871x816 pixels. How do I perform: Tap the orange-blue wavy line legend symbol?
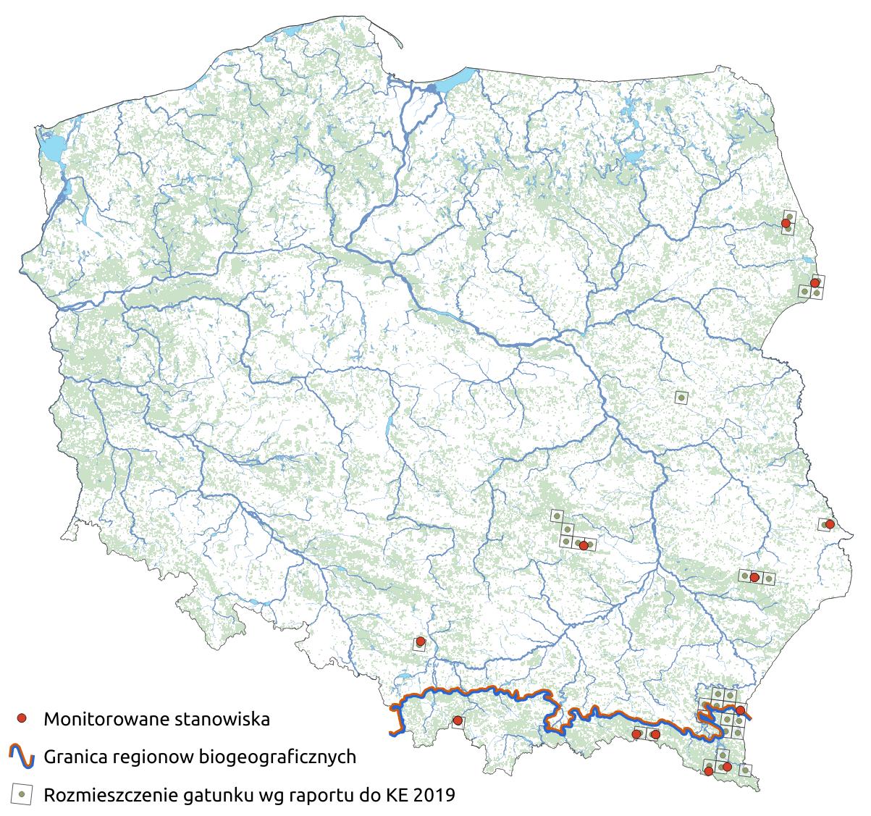(22, 757)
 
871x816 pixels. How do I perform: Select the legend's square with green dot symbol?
(22, 794)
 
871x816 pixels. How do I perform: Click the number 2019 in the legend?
(435, 795)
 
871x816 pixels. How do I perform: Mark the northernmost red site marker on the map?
(786, 223)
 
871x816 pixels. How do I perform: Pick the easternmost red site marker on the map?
(830, 523)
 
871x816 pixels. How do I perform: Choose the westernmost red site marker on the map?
(420, 642)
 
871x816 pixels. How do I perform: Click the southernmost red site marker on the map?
(709, 771)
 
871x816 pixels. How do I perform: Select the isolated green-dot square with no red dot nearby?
(681, 397)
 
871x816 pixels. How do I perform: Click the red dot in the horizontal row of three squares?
(754, 577)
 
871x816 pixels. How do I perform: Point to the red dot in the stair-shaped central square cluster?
(584, 544)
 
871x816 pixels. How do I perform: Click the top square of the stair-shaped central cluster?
(557, 516)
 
